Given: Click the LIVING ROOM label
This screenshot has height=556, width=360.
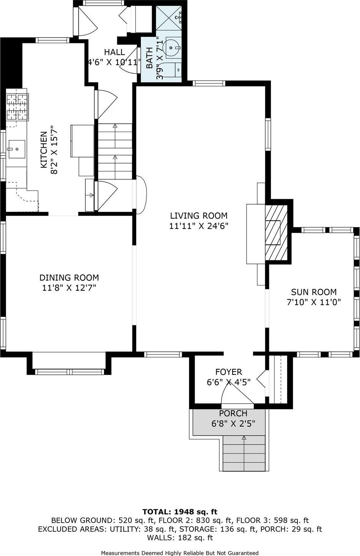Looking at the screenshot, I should click(x=198, y=216).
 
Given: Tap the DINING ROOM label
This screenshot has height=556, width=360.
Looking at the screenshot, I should click(x=69, y=278).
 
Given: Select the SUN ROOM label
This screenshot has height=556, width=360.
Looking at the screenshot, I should click(x=314, y=292).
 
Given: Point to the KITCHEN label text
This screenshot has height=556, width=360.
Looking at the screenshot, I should click(x=44, y=150).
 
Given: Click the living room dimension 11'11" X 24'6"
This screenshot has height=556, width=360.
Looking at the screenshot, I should click(x=198, y=226).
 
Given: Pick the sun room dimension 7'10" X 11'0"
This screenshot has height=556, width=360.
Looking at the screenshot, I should click(x=314, y=302).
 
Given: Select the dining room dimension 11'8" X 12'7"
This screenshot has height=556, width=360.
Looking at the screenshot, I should click(x=69, y=288).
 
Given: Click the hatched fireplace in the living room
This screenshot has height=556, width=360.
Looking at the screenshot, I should click(x=276, y=232).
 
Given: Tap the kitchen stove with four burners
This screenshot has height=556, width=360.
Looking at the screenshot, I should click(x=17, y=107).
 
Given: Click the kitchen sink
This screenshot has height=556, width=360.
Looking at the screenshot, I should click(x=16, y=149).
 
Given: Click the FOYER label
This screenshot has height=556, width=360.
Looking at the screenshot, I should click(x=228, y=372).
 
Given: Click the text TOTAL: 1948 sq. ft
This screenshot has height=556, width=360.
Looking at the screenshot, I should click(x=180, y=512).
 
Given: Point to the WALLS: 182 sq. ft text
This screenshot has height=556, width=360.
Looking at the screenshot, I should click(x=180, y=538).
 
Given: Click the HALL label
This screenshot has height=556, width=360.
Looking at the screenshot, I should click(x=114, y=52).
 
